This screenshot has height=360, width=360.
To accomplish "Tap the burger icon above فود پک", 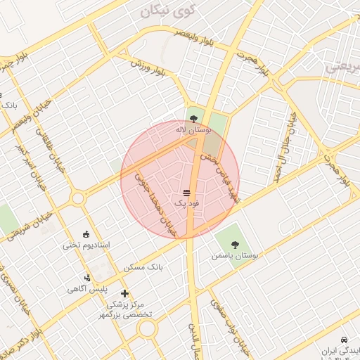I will (186, 192).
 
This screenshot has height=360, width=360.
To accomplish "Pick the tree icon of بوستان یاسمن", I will (234, 244).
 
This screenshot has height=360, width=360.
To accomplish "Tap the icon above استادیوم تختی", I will (86, 234).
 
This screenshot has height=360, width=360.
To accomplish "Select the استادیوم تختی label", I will (86, 245).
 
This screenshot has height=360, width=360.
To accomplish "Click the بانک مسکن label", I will (143, 268).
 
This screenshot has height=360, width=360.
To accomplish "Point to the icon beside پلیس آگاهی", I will (87, 277).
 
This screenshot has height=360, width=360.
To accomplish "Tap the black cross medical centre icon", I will (125, 292).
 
